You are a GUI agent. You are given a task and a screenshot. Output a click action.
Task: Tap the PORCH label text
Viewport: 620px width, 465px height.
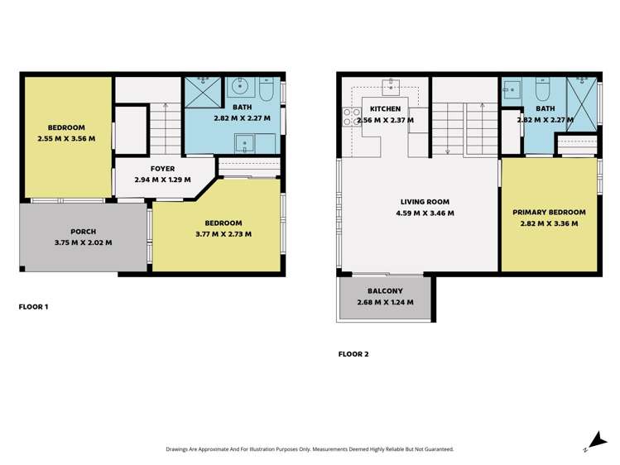[82, 231]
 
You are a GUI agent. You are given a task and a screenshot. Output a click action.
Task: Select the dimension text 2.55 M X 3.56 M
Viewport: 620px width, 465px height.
[66, 138]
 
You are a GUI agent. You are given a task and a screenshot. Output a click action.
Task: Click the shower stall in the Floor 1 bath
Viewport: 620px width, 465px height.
[199, 92]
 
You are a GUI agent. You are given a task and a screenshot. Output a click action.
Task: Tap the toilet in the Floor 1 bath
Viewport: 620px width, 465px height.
[266, 89]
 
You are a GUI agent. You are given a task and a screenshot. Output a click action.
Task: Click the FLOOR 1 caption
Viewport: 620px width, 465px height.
[33, 307]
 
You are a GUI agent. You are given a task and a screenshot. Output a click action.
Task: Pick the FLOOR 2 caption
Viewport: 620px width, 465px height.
[353, 354]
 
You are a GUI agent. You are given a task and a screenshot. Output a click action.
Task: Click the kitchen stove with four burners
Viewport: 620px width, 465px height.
[350, 117]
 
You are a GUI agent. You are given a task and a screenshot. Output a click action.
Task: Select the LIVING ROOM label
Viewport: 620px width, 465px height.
[425, 201]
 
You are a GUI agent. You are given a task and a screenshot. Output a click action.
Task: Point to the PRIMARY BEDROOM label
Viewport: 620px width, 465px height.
[550, 212]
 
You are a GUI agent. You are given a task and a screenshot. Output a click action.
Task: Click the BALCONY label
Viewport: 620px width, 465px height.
[385, 291]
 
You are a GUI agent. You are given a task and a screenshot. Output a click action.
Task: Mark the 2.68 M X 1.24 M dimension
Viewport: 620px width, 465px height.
[385, 302]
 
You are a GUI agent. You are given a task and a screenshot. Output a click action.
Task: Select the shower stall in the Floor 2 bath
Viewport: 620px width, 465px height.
[582, 103]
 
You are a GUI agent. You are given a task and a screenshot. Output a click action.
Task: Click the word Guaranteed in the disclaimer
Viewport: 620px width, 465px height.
[435, 449]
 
